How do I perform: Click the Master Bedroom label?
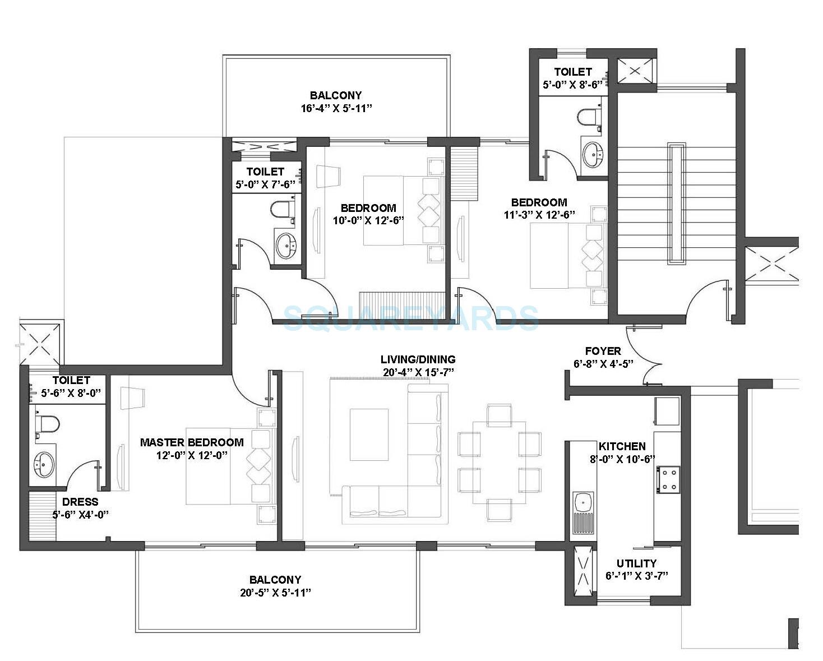pos(192,442)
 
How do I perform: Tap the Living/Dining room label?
pos(418,359)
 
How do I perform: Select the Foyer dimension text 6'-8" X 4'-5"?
pos(603,363)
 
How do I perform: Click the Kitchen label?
pos(622,446)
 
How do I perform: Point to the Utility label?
pos(636,563)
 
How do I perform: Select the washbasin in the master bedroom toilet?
pos(44,464)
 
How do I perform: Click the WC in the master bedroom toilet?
pos(47,423)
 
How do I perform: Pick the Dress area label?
pos(80,502)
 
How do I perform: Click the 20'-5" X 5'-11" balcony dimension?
pos(275,593)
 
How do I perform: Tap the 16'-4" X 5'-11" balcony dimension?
pos(336,108)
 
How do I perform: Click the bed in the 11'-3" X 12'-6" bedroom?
pos(568,256)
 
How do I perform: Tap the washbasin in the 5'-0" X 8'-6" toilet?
pos(593,152)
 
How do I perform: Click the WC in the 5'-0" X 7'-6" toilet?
pos(282,209)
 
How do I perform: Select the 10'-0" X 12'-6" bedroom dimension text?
pos(368,220)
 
